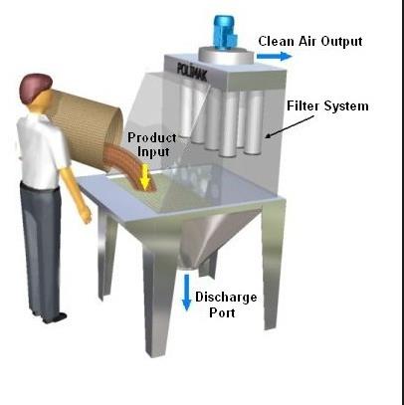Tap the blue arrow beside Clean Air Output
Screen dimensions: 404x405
tap(274, 56)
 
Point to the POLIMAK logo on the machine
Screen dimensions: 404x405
tap(192, 72)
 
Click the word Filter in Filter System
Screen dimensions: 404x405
tap(303, 105)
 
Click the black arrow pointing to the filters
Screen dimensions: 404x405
tap(290, 126)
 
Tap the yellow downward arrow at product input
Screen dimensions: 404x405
tap(145, 176)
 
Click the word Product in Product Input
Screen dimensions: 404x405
tap(152, 137)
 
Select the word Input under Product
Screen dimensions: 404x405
tap(153, 152)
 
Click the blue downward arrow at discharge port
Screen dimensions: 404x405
tap(187, 293)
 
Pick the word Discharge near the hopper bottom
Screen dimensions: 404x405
tap(226, 297)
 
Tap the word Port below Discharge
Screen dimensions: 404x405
tap(222, 312)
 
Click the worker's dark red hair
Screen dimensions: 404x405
tap(35, 86)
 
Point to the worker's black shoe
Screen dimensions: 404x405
tap(56, 317)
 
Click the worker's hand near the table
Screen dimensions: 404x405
tap(86, 215)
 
